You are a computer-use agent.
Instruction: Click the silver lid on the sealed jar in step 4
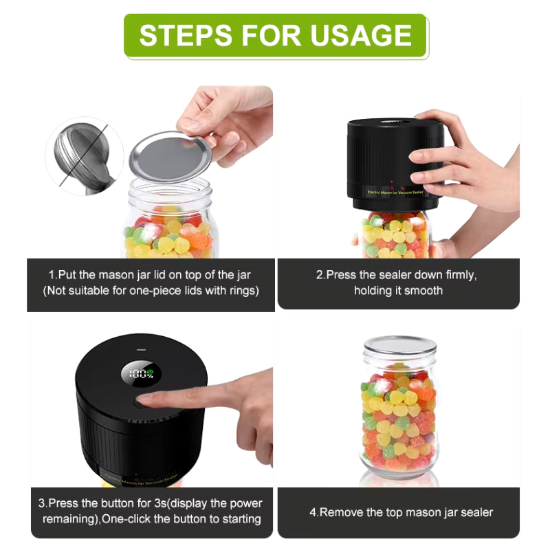tap(400, 345)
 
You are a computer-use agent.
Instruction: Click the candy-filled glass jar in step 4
tap(399, 419)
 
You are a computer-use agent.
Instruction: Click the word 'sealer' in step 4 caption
tap(476, 512)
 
